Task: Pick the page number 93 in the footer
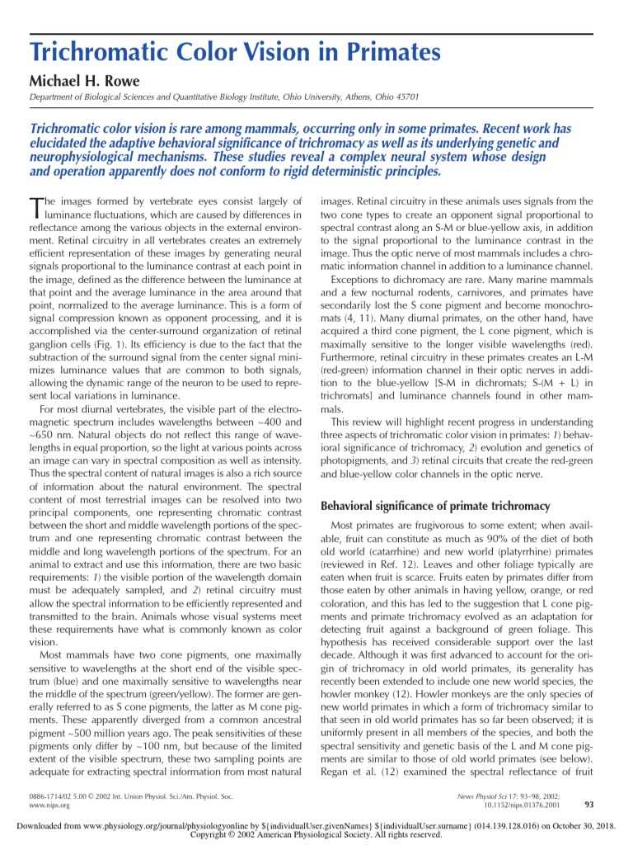[x=588, y=805]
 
